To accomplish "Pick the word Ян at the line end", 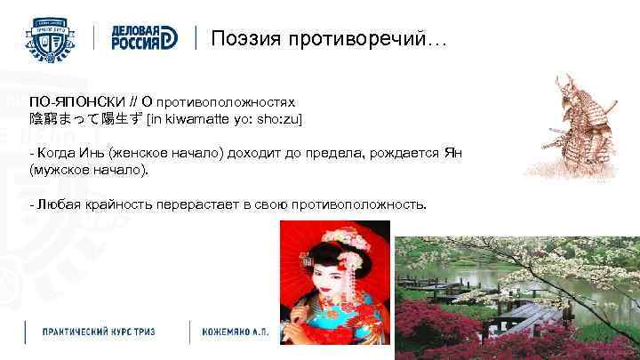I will tap(452, 152).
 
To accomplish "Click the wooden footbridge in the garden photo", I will tap(524, 316).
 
